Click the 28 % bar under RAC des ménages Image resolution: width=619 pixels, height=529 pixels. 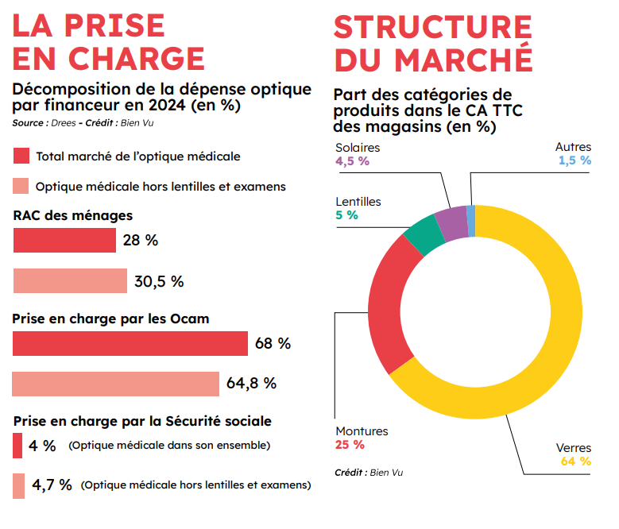coord(64,240)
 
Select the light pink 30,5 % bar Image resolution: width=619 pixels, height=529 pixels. coord(70,281)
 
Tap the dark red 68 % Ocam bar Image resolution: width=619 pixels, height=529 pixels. coord(130,344)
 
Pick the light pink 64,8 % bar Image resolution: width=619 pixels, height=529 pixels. coord(116,384)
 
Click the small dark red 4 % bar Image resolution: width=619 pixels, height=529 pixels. coord(17,446)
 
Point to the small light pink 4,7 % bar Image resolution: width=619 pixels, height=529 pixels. coord(18,486)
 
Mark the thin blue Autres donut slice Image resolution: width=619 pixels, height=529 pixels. coord(471,221)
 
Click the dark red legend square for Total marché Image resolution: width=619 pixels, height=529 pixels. coord(21,156)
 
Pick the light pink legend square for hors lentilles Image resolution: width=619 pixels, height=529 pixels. coord(21,186)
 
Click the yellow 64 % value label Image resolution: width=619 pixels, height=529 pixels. coord(576,461)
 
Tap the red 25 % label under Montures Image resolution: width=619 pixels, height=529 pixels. coord(350,445)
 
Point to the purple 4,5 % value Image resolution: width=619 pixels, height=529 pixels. coord(352,161)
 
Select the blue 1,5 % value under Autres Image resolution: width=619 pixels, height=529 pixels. coord(575,160)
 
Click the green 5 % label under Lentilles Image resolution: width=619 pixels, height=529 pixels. coord(346,215)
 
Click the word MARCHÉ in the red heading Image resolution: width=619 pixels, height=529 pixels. coord(464,59)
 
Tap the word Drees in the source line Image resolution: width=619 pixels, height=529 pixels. coord(64,123)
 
